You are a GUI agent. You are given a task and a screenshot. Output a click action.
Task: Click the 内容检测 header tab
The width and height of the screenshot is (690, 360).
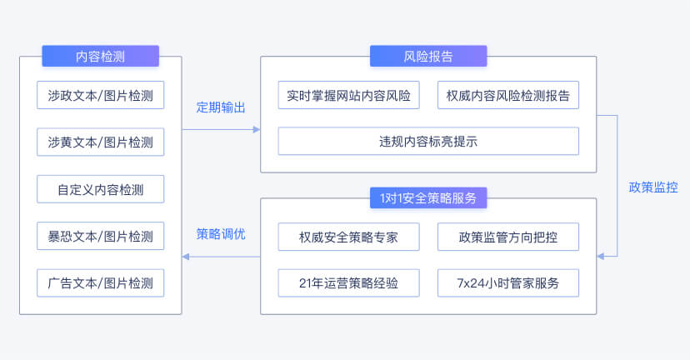click(x=100, y=56)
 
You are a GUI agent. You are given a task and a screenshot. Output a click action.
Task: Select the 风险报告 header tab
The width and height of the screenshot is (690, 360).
click(x=428, y=56)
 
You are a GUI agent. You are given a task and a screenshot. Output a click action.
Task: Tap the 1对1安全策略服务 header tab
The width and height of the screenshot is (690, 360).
click(x=428, y=198)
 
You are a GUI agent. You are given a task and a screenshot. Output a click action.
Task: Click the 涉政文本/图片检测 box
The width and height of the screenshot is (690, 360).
click(x=100, y=95)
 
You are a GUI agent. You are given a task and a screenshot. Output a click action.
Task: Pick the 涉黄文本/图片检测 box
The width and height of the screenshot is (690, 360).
click(x=100, y=142)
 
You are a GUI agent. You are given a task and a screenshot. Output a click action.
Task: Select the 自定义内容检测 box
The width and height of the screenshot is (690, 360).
click(x=100, y=189)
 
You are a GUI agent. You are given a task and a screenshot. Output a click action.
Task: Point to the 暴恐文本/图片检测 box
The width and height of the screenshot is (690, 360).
click(x=100, y=237)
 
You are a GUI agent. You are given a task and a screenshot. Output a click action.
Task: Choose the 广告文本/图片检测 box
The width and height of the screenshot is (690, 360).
click(x=100, y=283)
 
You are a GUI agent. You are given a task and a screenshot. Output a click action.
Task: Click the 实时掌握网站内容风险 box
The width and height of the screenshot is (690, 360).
click(x=348, y=95)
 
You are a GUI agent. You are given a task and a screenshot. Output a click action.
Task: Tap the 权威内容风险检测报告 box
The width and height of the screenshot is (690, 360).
click(x=508, y=95)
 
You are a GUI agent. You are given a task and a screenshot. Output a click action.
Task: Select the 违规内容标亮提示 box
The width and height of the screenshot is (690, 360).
click(x=428, y=142)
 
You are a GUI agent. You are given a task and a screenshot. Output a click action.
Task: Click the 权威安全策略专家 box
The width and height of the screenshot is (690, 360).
click(x=348, y=237)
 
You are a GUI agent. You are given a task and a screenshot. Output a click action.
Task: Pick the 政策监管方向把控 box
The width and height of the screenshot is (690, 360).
click(x=508, y=237)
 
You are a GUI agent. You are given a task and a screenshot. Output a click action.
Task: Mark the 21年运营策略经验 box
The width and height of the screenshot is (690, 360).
click(x=348, y=283)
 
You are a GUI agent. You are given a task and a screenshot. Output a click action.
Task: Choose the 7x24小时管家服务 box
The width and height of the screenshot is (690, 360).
click(x=508, y=283)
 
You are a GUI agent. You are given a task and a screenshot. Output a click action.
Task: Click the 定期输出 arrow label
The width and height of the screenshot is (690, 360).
click(x=221, y=107)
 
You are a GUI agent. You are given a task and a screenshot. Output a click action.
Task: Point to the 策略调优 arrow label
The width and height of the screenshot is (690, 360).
click(x=221, y=233)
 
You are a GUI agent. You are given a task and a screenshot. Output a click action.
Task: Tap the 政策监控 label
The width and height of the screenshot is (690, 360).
click(x=653, y=187)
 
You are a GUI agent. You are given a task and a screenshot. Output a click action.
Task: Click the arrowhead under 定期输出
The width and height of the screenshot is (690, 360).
click(x=257, y=129)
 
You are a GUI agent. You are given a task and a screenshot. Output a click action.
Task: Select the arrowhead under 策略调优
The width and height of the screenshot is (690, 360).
click(x=186, y=257)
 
